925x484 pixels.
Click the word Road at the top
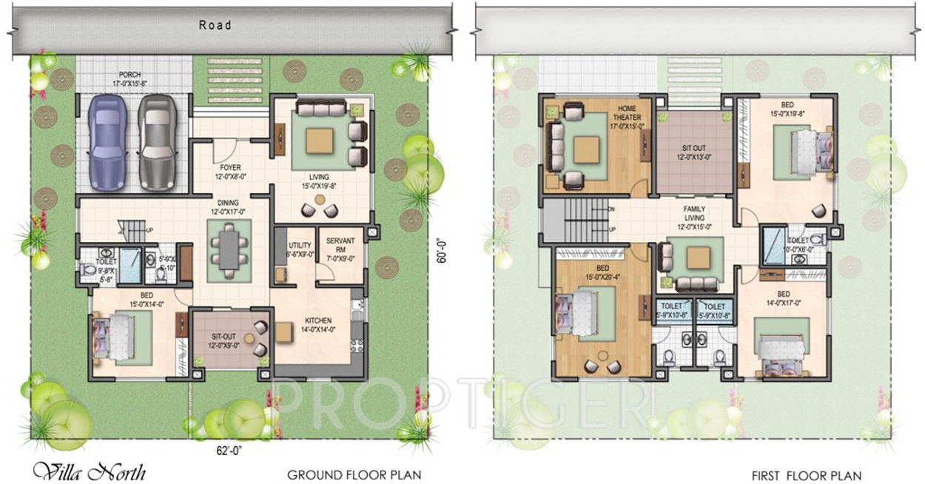(215, 25)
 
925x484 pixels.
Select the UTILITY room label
(300, 244)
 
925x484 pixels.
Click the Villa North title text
(89, 471)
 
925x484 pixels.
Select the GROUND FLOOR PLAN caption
(354, 474)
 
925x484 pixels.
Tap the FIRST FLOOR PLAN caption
(806, 474)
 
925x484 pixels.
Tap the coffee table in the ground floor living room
(320, 138)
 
